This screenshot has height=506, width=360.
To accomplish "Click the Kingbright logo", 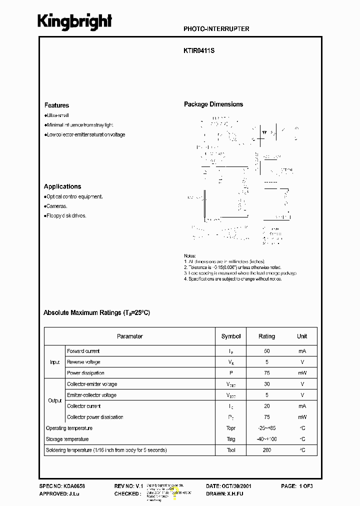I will (x=75, y=22).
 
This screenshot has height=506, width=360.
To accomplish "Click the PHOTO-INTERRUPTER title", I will (x=216, y=29).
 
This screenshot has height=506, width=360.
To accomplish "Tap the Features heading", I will (x=56, y=105).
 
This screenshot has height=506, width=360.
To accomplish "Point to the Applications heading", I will (x=62, y=186).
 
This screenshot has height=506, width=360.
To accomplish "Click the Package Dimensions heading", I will (x=213, y=104).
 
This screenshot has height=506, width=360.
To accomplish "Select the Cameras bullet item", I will (x=56, y=206).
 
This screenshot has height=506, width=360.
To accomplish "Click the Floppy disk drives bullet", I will (x=65, y=216).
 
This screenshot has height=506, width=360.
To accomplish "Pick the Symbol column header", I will (x=231, y=336).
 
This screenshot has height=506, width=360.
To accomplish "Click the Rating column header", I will (x=266, y=336).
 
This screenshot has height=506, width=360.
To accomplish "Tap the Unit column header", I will (x=302, y=336).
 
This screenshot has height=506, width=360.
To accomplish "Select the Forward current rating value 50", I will (x=266, y=351).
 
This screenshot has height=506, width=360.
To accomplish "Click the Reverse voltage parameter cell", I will (x=83, y=362).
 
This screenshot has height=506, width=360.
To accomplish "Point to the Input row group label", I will (x=55, y=362).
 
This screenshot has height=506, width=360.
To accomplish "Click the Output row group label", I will (x=55, y=400).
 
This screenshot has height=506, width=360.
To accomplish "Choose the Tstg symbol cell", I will (x=231, y=439).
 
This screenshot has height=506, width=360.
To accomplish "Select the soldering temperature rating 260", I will (x=266, y=450).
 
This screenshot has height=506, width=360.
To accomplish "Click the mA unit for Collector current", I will (x=302, y=406).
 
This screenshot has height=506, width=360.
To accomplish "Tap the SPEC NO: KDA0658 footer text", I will (x=61, y=486).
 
